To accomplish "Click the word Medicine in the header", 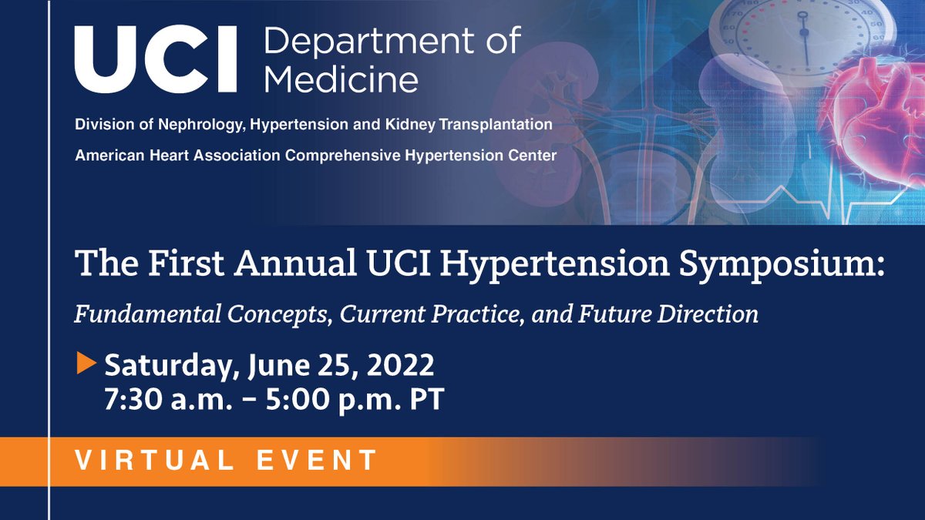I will (x=341, y=79).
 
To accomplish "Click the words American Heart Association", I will (x=178, y=156).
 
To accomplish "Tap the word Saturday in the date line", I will (x=166, y=365).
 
